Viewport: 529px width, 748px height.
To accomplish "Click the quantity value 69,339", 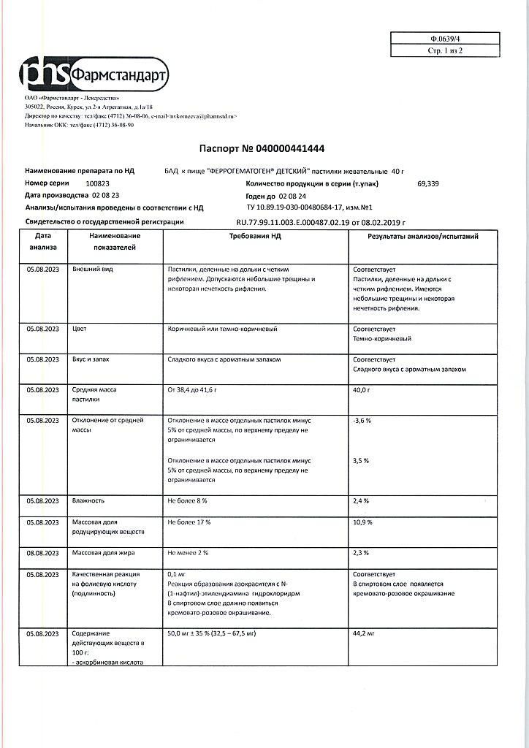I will point(430,183).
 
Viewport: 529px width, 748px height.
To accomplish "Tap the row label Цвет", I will point(80,329).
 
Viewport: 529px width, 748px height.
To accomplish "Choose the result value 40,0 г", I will point(362,390).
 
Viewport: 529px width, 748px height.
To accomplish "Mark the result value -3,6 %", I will point(362,421).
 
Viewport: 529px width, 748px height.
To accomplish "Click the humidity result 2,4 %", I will point(361,501).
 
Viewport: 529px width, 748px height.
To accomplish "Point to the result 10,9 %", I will point(362,522).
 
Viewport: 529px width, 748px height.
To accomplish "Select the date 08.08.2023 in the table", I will point(42,553).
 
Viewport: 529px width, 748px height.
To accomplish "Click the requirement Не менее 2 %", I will point(189,553).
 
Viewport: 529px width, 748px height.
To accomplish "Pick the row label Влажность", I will point(88,501).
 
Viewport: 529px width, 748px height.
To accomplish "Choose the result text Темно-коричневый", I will point(382,339).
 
